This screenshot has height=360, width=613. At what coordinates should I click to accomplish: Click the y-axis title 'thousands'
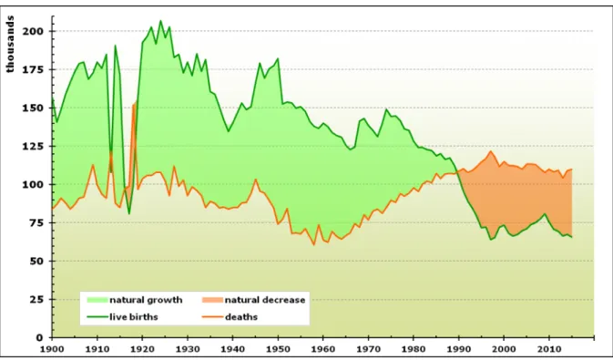coord(10,44)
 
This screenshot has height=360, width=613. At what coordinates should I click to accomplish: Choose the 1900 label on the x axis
coord(52,347)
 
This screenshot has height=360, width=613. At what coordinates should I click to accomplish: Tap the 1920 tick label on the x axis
coord(142,347)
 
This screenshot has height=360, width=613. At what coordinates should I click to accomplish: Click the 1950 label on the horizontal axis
coord(278,347)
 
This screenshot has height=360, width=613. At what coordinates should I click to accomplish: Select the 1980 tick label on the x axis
coord(414,347)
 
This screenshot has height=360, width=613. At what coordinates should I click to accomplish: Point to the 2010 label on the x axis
coord(549,347)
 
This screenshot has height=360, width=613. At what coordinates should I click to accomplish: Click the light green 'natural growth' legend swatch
coord(97,300)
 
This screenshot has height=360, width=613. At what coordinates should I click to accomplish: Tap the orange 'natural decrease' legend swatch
coord(212,300)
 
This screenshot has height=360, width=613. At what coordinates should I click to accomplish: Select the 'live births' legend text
coord(134,316)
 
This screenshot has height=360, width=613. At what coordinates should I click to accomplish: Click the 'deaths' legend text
coord(241,316)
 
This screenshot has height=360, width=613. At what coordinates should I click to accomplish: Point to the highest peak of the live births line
coord(160,20)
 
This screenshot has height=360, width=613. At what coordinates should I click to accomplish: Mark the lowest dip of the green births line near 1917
coord(129,213)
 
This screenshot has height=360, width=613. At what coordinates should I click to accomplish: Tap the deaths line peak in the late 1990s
coord(490,151)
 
